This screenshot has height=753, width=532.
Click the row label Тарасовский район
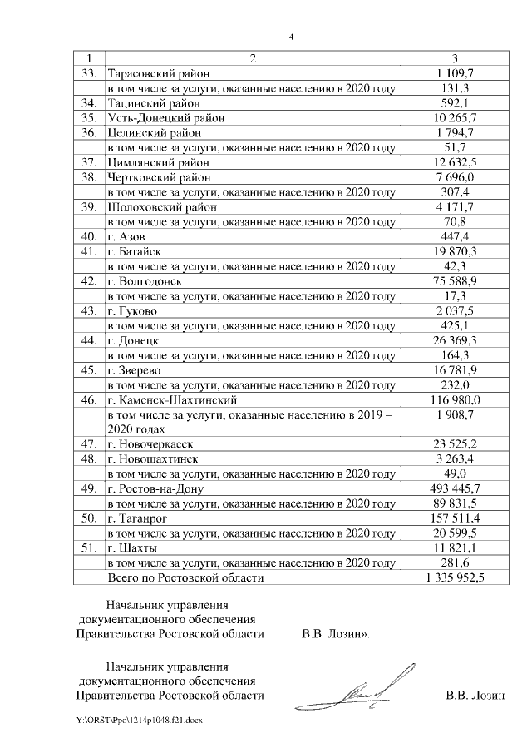(x=159, y=73)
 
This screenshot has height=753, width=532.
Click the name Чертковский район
(x=158, y=176)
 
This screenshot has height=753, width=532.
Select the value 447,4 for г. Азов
(x=454, y=235)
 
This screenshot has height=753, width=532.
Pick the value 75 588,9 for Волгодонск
(x=454, y=280)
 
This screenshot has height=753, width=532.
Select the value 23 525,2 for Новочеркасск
(x=454, y=443)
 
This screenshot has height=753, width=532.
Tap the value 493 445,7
(x=454, y=488)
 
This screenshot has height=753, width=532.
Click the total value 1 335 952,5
(x=454, y=577)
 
